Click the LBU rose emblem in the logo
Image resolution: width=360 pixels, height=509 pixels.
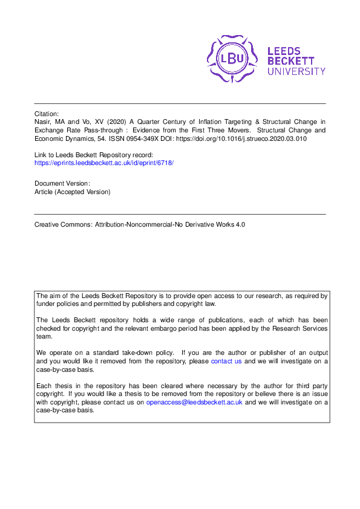[x=232, y=59]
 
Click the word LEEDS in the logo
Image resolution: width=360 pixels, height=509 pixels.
[x=284, y=51]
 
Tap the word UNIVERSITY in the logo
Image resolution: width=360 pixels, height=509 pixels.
[x=296, y=71]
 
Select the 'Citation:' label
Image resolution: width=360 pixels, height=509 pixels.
[x=47, y=113]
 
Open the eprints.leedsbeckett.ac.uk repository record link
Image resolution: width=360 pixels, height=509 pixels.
[x=104, y=163]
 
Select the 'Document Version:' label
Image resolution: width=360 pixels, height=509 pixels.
[x=62, y=183]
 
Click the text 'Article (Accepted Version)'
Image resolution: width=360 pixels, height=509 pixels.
[x=73, y=192]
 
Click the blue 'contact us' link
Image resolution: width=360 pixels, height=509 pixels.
[x=226, y=361]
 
